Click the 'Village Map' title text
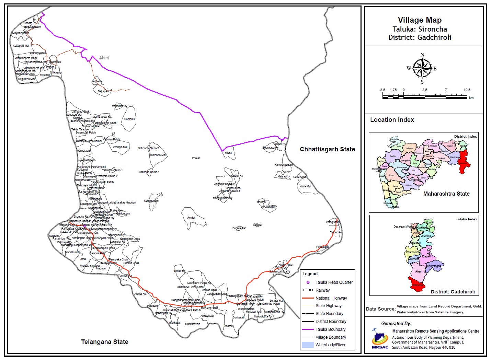click(420, 20)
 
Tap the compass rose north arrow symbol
click(422, 68)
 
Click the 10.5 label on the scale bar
click(467, 90)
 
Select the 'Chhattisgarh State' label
click(327, 149)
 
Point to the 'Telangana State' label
click(105, 342)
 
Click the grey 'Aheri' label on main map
click(104, 58)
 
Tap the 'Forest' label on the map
click(196, 158)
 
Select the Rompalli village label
click(129, 119)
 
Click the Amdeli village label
click(191, 218)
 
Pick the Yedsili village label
click(228, 153)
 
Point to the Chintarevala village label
click(193, 324)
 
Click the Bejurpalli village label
click(103, 91)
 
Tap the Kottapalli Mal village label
click(21, 46)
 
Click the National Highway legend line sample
click(308, 298)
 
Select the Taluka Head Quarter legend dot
click(308, 282)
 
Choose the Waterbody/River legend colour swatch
click(308, 345)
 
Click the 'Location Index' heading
click(392, 120)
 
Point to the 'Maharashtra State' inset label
click(446, 194)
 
